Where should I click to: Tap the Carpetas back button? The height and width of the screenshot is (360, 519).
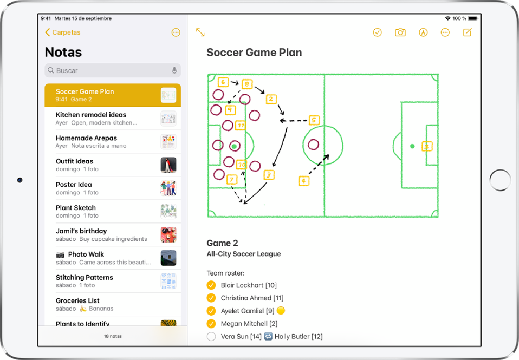tap(62, 32)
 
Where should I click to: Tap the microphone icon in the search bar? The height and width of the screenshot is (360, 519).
tap(174, 70)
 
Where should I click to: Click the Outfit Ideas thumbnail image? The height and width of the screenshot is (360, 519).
tap(168, 165)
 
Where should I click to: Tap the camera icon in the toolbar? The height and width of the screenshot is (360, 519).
tap(400, 32)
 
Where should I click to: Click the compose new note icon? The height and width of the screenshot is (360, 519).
tap(468, 32)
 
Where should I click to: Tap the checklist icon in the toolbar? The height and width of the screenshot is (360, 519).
tap(378, 32)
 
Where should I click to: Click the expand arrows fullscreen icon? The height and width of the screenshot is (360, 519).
tap(200, 32)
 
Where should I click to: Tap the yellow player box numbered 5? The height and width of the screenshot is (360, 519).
tap(314, 120)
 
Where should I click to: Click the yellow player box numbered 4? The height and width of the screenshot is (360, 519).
tap(304, 181)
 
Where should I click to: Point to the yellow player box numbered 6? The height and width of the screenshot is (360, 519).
tap(223, 82)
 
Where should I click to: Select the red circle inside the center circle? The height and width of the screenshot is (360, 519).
tap(313, 145)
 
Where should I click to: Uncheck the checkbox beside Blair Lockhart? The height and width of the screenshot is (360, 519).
tap(211, 285)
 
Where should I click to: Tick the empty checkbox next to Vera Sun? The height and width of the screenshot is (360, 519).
tap(211, 337)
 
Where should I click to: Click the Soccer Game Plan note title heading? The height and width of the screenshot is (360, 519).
tap(254, 53)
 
